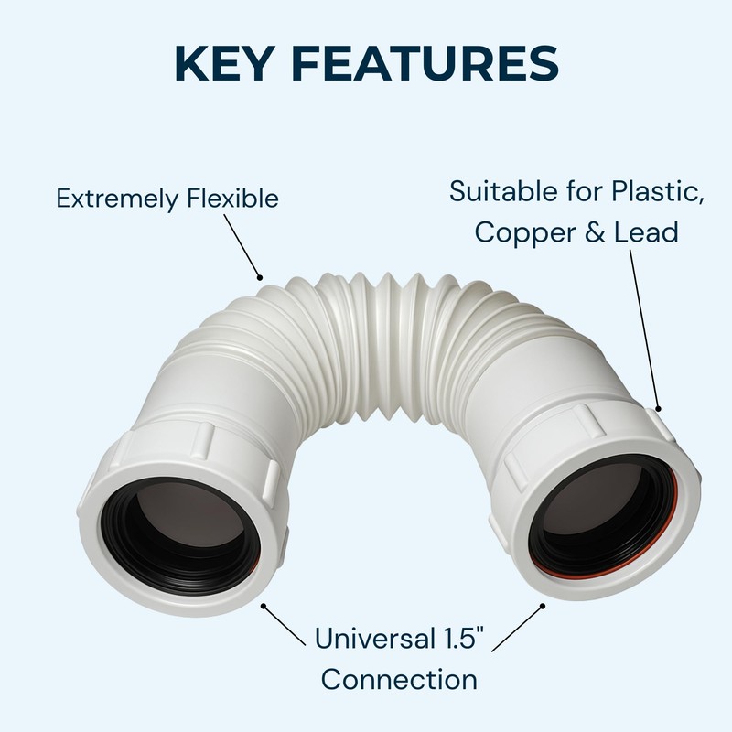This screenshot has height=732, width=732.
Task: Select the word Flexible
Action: tap(234, 199)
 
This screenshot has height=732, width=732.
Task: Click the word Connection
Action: tap(399, 680)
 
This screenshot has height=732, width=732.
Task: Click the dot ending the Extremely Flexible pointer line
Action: tap(260, 275)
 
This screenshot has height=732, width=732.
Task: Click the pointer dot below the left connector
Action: tap(264, 605)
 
